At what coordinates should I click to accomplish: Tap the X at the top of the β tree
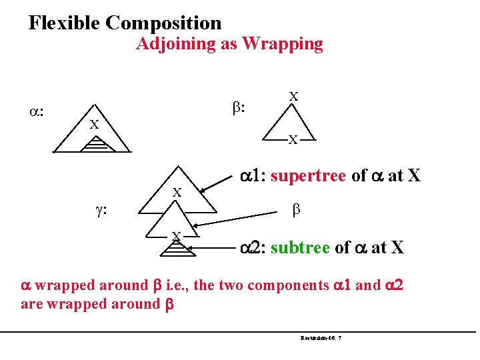pos(293,96)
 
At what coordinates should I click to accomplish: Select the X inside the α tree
pos(95,125)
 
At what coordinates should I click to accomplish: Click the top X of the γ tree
pos(177,192)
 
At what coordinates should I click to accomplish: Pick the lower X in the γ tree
pos(176,235)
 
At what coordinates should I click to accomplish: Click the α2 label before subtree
pos(252,248)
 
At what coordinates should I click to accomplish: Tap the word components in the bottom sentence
pos(291,286)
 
